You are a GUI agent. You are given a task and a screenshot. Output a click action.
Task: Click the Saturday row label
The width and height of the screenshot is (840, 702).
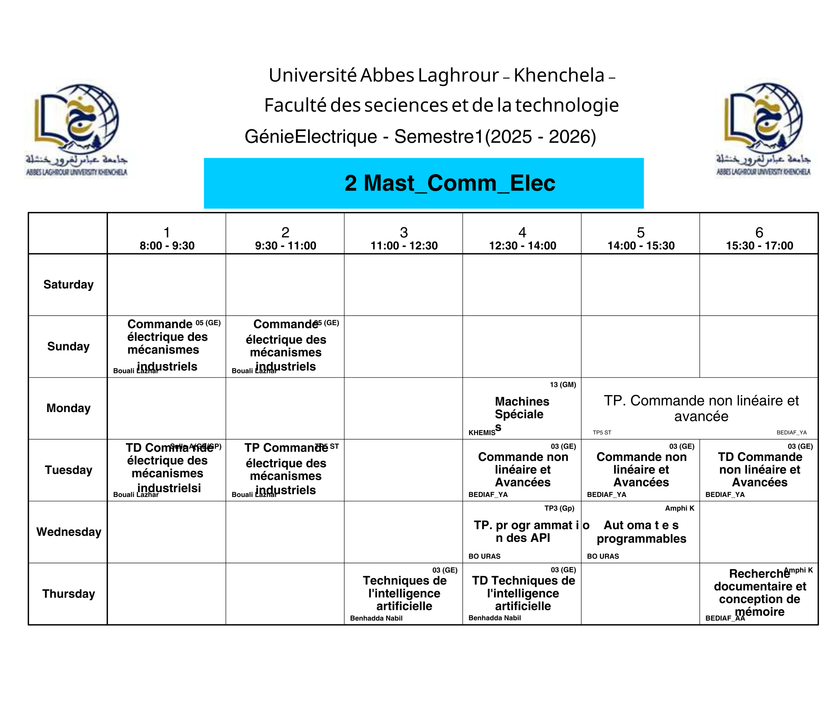click(68, 284)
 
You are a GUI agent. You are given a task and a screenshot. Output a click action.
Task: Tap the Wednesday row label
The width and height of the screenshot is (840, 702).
click(68, 532)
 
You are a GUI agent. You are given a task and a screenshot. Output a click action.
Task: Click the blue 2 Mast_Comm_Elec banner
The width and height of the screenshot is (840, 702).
click(424, 183)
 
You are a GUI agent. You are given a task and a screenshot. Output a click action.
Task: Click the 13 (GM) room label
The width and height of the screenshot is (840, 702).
click(562, 384)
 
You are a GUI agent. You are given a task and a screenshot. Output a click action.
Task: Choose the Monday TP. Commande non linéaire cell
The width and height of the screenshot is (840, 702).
click(701, 408)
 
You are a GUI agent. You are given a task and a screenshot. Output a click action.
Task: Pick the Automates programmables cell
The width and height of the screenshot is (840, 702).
click(641, 532)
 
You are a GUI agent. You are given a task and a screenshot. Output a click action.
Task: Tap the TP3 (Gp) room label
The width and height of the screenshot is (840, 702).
click(559, 508)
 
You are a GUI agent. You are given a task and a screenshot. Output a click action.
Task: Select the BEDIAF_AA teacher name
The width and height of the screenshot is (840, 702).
click(725, 618)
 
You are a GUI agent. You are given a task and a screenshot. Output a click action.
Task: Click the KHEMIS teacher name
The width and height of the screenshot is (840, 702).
click(482, 432)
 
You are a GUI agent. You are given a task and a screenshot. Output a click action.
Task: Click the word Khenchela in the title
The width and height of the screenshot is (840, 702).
click(559, 75)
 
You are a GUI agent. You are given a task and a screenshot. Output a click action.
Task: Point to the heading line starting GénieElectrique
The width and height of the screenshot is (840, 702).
click(420, 136)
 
